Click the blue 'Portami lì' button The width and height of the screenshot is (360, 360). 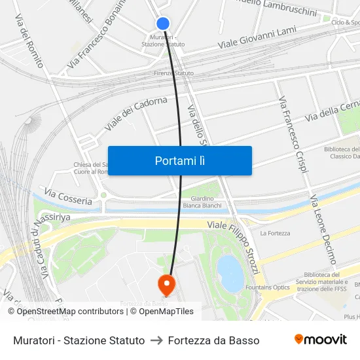pos(179,160)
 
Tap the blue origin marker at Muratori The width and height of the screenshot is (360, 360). pos(163,24)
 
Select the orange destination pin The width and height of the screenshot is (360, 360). pos(167,284)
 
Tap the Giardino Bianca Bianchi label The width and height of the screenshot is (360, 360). pos(202,202)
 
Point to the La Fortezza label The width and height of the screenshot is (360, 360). pos(275,233)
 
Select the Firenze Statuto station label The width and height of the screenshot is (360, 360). pos(173,73)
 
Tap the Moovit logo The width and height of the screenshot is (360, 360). pos(321,340)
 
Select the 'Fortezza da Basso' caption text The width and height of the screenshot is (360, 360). pos(213,340)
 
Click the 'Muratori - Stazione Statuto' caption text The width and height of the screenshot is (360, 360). pos(79,340)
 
